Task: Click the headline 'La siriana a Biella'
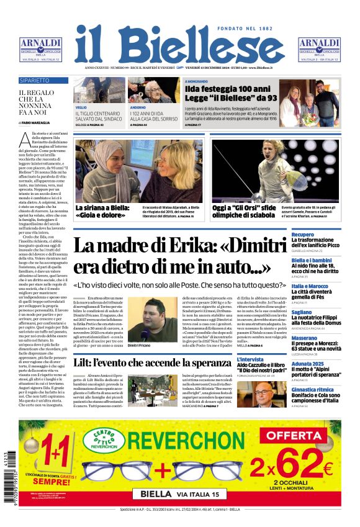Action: [102, 211]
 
